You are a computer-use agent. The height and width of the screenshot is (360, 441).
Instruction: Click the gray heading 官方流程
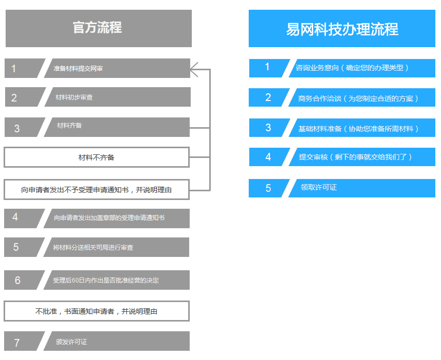(97, 28)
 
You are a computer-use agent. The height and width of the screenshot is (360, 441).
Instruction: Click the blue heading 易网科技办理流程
(342, 29)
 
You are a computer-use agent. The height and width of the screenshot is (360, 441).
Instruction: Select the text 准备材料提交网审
(78, 68)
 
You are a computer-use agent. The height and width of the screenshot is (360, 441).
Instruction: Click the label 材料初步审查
(74, 97)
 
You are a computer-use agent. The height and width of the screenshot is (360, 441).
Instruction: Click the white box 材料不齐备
(96, 157)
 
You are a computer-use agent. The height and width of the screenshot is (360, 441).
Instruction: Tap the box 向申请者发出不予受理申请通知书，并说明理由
(96, 190)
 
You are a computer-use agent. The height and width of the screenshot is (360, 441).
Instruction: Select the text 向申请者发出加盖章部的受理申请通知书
(109, 217)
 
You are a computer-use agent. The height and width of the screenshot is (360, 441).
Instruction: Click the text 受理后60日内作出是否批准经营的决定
(106, 281)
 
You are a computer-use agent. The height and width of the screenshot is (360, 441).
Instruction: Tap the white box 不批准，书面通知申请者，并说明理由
(96, 311)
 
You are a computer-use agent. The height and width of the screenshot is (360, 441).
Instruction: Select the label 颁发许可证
(71, 342)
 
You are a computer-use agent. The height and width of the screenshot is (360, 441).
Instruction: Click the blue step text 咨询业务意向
(317, 68)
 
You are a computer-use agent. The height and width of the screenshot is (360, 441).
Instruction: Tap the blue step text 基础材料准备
(320, 129)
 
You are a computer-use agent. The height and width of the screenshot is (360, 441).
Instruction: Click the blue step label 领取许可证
(318, 187)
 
